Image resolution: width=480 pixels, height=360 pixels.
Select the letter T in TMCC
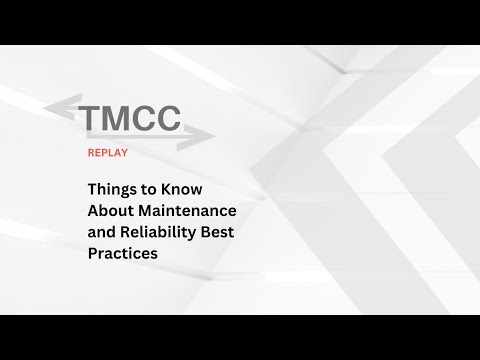(x=94, y=117)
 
